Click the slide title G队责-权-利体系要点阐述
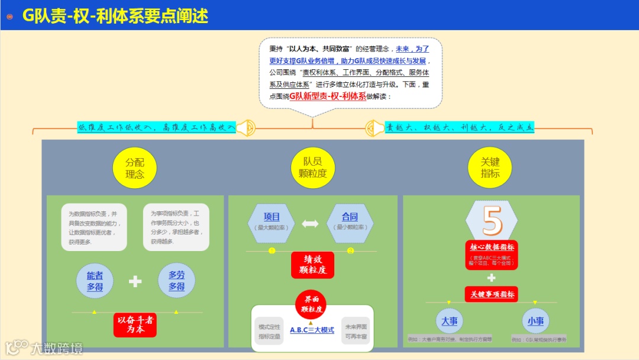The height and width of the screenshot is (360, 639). tap(115, 15)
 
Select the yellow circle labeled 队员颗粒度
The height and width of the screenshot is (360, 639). tap(312, 168)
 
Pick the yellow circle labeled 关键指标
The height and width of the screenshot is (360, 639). tap(490, 168)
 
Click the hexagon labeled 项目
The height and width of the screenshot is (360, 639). tap(272, 221)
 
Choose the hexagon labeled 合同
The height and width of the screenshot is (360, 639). tap(350, 221)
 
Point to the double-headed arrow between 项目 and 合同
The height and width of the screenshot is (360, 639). tap(311, 224)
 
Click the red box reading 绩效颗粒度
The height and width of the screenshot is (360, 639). tap(312, 265)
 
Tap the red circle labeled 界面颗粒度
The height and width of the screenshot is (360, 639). tap(312, 304)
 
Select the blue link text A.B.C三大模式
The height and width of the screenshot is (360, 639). tap(312, 330)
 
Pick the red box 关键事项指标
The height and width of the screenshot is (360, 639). tap(491, 294)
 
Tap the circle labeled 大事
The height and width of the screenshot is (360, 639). tap(450, 321)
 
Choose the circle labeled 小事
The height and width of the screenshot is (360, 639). tap(535, 321)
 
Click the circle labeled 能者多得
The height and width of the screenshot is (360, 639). tap(95, 281)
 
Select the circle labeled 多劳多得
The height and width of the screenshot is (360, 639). tap(176, 281)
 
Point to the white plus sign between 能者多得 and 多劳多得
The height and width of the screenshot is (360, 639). tap(135, 281)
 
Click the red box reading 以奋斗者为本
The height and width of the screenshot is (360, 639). tap(135, 324)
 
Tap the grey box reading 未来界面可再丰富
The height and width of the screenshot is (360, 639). tap(356, 331)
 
